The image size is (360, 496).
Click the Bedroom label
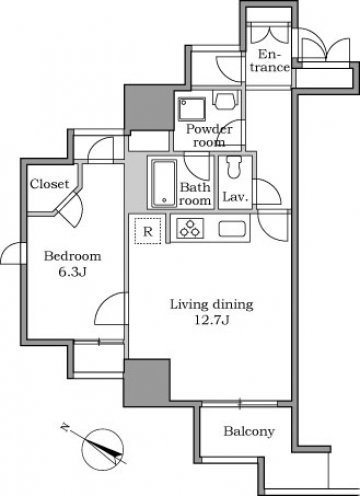point(73,256)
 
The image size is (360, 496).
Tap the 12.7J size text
point(212,320)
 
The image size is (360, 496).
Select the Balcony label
point(249,431)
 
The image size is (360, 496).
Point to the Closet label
point(49,184)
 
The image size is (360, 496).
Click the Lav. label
point(235,197)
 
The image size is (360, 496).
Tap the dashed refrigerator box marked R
point(148,231)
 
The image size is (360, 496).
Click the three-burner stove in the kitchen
point(190,228)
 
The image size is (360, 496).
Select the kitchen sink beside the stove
point(232,229)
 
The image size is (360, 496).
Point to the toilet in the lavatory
point(232,167)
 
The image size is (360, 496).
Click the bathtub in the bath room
point(164,184)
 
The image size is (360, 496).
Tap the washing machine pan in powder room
point(192,109)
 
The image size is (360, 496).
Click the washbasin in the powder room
point(226,100)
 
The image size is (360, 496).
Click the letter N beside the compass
point(65,426)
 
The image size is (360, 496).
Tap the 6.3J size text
point(73,272)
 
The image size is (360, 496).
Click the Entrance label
point(270,61)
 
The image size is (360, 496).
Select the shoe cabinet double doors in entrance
point(270,33)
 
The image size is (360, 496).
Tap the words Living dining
point(212,304)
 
